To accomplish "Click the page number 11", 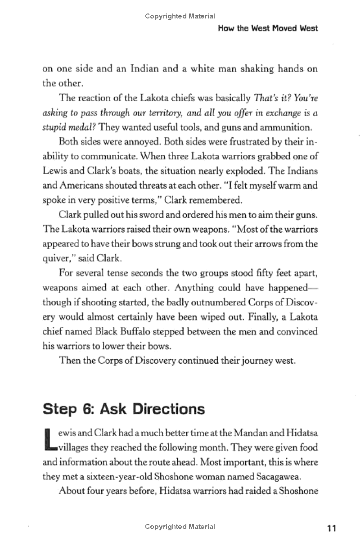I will (x=332, y=528).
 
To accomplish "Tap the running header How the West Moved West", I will (x=268, y=28).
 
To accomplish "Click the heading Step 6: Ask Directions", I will (x=123, y=409).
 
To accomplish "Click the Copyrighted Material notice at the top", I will (x=180, y=16).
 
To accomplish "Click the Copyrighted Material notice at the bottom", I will (x=180, y=527).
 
